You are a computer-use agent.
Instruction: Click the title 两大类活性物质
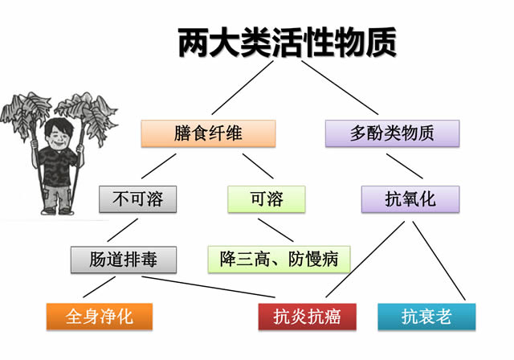coord(288,43)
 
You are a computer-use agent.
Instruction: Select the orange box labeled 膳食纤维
coord(209,133)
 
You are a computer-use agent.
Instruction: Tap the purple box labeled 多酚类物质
coord(392,133)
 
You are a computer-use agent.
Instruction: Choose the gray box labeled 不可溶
coord(137,199)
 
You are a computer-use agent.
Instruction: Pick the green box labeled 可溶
coord(267,199)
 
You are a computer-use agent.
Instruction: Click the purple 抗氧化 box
coord(410,199)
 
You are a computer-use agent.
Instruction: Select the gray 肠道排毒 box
coord(124,260)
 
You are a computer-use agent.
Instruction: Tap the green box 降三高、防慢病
coord(279,260)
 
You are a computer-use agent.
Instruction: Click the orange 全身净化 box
coord(100,317)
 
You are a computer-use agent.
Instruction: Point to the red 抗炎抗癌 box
coord(307,317)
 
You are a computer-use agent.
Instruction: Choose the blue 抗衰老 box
coord(426,317)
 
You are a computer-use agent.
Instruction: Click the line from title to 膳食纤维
coord(243,88)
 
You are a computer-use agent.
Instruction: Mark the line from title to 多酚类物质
coord(340,88)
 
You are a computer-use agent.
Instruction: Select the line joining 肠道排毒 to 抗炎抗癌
coord(209,287)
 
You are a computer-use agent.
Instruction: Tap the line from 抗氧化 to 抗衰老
coord(439,260)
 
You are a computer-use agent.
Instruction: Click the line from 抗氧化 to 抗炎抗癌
coord(365,260)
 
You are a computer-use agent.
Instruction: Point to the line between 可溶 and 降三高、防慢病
coord(275,230)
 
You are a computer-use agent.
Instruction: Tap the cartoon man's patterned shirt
coord(58,166)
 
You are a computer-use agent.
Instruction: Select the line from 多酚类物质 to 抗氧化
coord(405,166)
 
